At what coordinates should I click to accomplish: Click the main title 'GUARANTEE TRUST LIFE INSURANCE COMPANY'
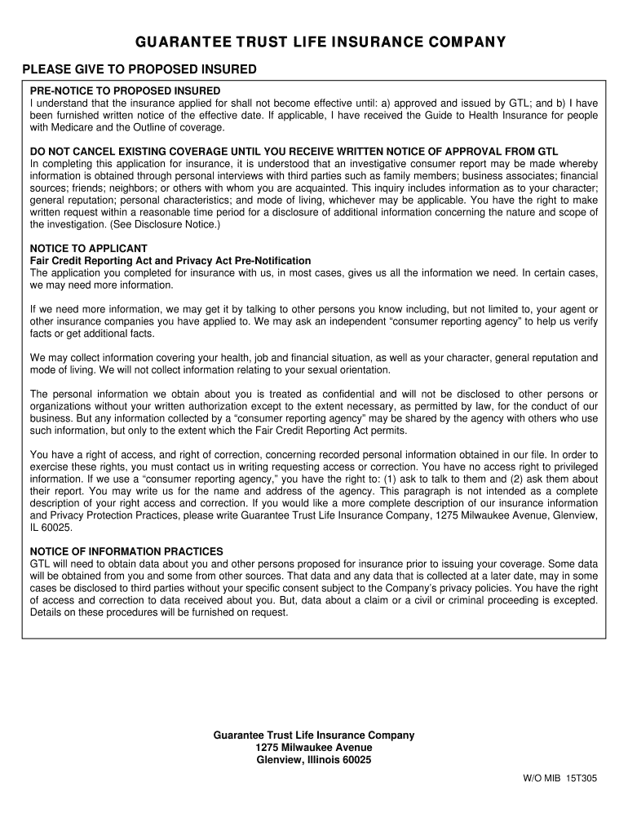(x=314, y=42)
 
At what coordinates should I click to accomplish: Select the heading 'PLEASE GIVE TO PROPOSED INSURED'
(x=139, y=69)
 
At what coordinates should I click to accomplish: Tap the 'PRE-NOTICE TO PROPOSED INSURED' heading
(x=125, y=91)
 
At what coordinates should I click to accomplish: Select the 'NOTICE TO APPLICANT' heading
(x=88, y=248)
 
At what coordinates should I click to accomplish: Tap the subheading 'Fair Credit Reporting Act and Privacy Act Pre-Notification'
(x=170, y=260)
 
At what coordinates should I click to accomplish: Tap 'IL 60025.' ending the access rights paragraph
(x=51, y=528)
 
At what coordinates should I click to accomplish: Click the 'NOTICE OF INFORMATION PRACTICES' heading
(x=126, y=552)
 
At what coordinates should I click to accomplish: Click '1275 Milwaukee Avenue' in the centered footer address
(x=314, y=748)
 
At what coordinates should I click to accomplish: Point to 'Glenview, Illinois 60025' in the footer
(x=314, y=760)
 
